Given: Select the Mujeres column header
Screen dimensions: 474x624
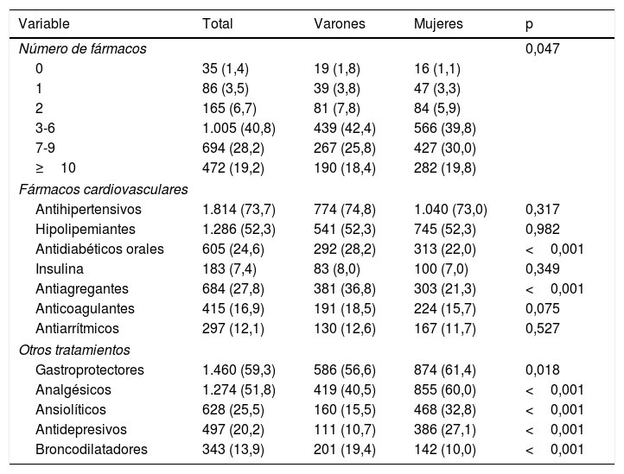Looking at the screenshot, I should point(438,24).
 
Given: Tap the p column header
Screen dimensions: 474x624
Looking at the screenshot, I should point(530,24).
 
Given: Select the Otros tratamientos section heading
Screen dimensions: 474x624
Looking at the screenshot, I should point(74,350).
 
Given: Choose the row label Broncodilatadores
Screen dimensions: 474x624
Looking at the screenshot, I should point(92,449).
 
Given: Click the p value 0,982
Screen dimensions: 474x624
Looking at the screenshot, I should point(543,230).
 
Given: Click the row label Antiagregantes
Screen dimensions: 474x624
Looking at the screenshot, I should point(82,289).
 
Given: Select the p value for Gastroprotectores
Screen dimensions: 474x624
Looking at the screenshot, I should point(543,370).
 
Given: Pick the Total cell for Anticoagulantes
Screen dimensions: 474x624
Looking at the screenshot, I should point(233,309).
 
